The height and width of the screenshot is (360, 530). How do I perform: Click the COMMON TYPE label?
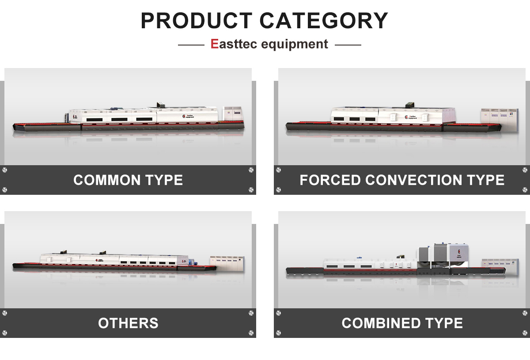[128, 180]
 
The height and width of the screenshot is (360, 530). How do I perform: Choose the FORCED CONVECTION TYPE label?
[402, 180]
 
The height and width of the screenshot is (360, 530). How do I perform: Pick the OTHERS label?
[128, 323]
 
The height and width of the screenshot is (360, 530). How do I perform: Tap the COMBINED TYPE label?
[402, 323]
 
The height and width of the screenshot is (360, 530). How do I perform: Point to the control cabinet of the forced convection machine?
[499, 118]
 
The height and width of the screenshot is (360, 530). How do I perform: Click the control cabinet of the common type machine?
[232, 114]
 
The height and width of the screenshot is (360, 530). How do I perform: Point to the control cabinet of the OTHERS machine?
[227, 264]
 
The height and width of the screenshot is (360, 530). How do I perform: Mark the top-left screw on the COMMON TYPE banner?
[5, 170]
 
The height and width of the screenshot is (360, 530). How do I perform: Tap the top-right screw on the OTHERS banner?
[251, 313]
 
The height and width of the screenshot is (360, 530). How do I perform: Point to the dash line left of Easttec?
[191, 45]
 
